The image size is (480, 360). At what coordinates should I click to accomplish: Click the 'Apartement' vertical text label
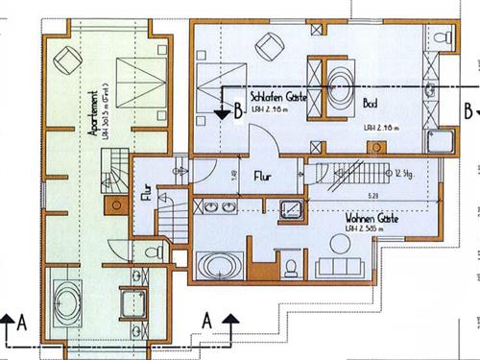[x=92, y=115]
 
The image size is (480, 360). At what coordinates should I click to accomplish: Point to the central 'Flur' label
[x=265, y=178]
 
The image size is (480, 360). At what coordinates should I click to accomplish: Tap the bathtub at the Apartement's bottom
[x=66, y=298]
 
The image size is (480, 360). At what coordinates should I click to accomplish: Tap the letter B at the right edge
[x=468, y=110]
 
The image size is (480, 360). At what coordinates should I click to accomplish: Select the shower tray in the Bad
[x=443, y=142]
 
